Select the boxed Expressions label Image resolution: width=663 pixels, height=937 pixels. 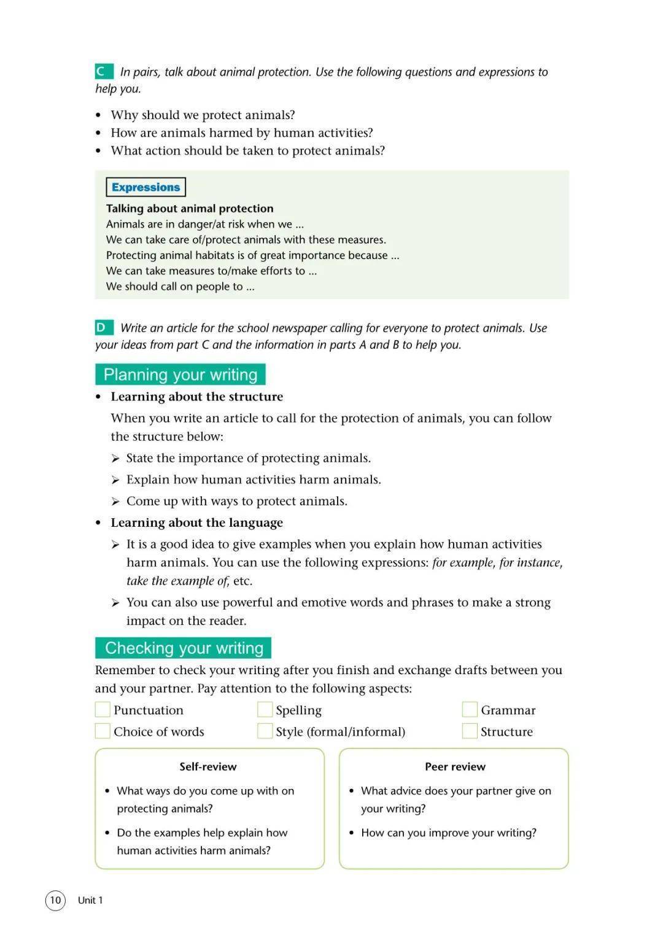[x=145, y=187]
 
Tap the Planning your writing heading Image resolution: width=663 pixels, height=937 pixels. [x=180, y=375]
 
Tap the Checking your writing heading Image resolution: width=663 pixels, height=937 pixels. [x=184, y=648]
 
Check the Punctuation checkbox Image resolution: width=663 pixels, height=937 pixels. [x=103, y=710]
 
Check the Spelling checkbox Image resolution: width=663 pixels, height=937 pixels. [x=265, y=710]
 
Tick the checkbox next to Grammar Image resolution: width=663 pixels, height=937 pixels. [x=470, y=710]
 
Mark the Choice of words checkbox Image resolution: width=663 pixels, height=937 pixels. [x=103, y=731]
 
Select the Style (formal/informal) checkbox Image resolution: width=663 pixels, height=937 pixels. [x=265, y=731]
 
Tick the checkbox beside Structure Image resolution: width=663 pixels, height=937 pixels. [x=470, y=731]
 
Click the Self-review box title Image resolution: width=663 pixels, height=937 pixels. [x=208, y=766]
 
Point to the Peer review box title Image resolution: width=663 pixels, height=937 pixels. [x=455, y=766]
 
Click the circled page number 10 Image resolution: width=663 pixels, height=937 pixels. [x=55, y=900]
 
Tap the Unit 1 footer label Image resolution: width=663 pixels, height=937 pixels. [x=90, y=900]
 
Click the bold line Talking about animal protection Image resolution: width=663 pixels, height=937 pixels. [x=190, y=209]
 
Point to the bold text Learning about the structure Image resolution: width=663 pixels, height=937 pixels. [x=196, y=397]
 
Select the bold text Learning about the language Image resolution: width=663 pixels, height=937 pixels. [x=196, y=523]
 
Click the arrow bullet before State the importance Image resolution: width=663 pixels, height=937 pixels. [x=115, y=459]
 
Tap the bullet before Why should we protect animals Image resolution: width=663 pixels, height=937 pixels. [x=98, y=115]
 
